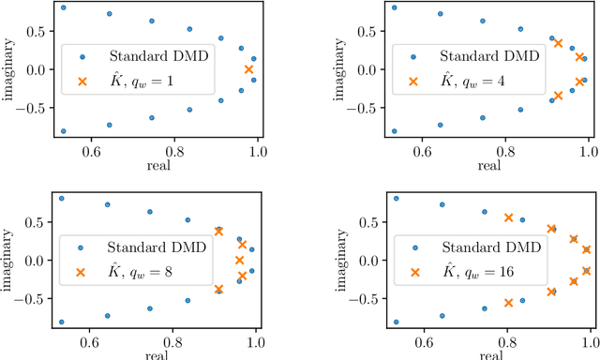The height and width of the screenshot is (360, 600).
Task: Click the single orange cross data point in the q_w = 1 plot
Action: tap(248, 69)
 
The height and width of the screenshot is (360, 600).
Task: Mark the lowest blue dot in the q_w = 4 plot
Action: tap(394, 131)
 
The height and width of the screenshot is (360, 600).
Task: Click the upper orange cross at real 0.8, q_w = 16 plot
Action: tap(508, 217)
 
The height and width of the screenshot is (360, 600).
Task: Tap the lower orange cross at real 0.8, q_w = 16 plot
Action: tap(508, 303)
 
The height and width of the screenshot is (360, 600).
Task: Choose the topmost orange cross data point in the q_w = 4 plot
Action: tap(559, 42)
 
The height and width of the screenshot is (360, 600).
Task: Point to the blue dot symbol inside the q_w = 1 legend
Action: tap(82, 57)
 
